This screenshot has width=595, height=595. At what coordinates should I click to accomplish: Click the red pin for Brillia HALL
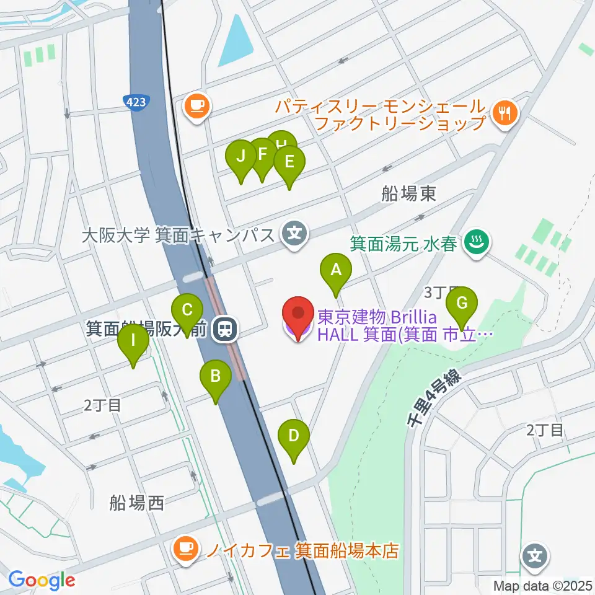click(298, 315)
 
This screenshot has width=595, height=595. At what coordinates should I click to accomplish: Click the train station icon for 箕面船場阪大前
click(224, 329)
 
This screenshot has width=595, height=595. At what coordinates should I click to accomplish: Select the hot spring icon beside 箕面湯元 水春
click(477, 241)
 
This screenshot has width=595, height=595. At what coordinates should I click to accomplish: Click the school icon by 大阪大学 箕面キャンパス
click(294, 234)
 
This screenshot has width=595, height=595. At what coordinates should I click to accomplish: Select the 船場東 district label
click(408, 195)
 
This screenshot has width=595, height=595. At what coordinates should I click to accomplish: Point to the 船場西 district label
click(138, 502)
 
